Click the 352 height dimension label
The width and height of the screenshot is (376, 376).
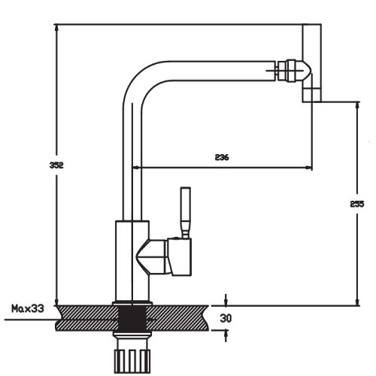56,165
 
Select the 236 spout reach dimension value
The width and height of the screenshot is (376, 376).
222,157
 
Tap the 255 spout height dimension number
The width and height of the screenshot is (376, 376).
357,204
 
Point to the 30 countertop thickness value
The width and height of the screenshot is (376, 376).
226,318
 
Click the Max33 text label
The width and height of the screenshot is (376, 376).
28,308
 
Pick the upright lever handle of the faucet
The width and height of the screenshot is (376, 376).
186,213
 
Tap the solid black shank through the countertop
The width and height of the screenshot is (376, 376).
132,318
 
